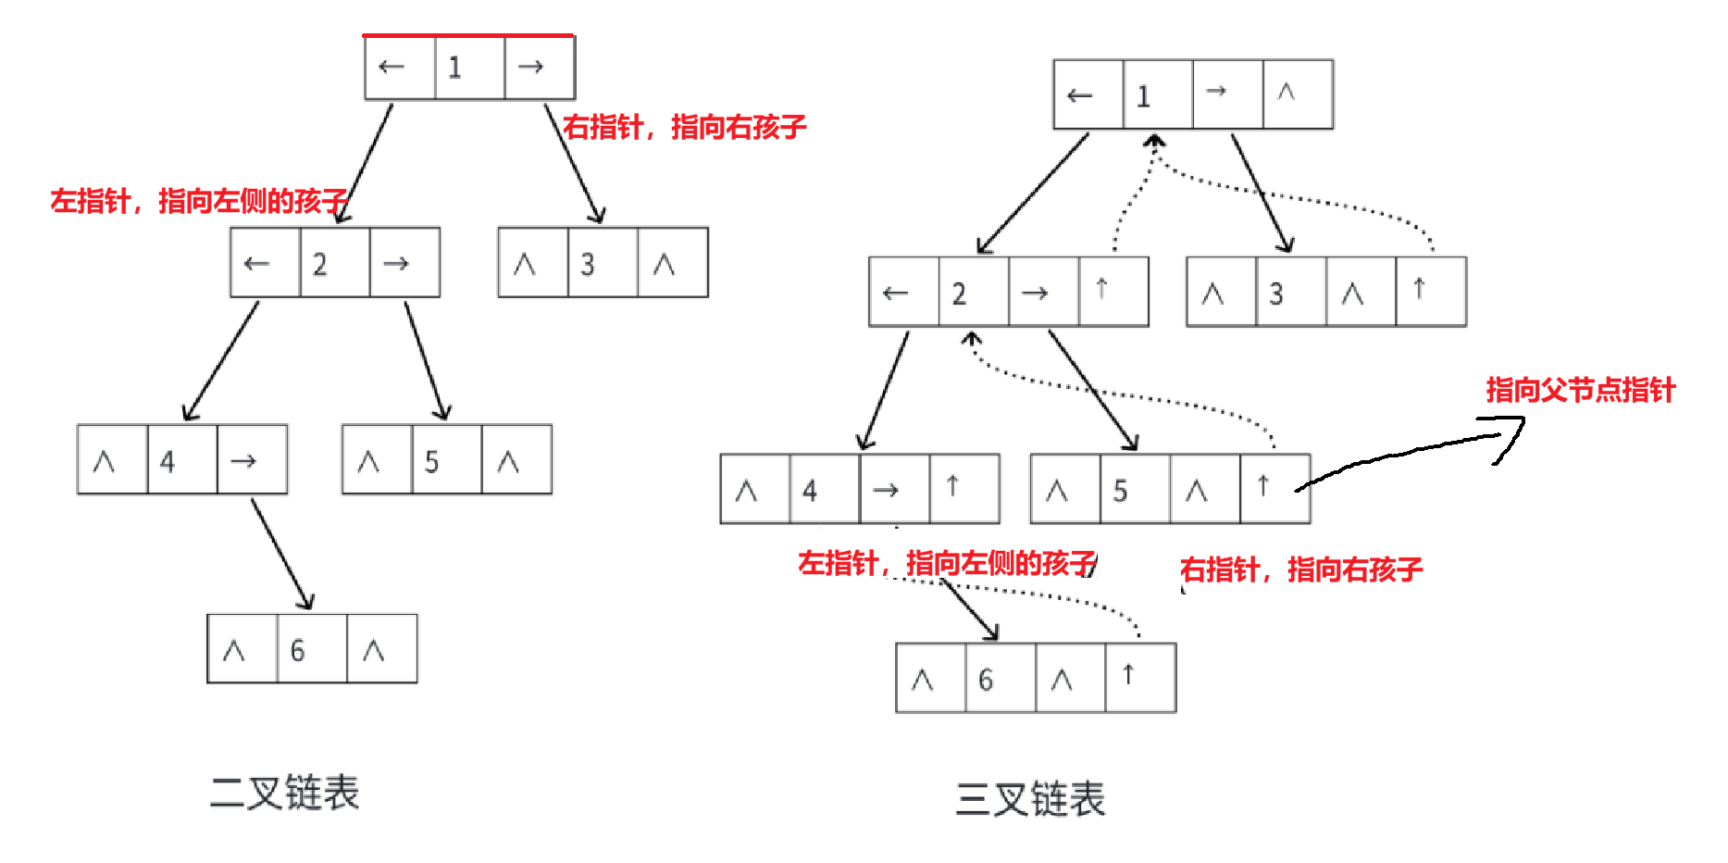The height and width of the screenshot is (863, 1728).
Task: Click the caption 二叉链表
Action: (284, 793)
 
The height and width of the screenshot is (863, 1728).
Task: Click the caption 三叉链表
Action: (1030, 799)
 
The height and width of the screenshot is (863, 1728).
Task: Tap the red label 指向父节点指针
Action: (1581, 390)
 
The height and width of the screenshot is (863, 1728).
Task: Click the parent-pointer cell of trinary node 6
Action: (1140, 678)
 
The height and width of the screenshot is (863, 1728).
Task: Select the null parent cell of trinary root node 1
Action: (1298, 94)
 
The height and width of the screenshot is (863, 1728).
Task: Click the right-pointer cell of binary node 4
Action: (252, 460)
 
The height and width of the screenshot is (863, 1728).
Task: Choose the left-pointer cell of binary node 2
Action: (266, 264)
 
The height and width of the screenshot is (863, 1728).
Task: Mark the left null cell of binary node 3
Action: (533, 264)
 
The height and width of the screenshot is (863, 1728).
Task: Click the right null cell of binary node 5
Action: (516, 460)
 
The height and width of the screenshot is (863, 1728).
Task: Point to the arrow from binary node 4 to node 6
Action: (282, 554)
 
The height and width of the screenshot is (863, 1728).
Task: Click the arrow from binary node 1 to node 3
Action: (575, 165)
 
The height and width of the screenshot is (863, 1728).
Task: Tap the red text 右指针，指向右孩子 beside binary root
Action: (685, 127)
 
